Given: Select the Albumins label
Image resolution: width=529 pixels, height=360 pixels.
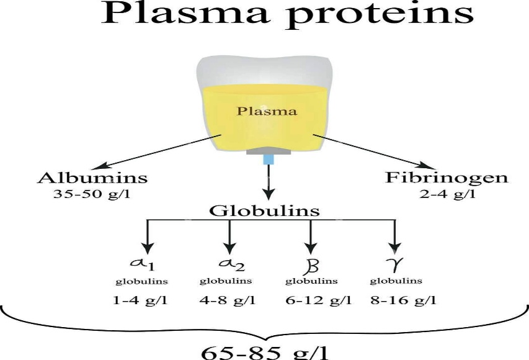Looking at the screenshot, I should pos(92,178).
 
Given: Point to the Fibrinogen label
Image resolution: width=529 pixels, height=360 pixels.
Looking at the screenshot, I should pos(447,178).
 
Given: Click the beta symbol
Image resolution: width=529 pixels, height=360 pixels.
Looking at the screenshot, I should pos(309,265).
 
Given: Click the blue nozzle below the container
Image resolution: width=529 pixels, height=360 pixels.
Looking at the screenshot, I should pos(269,161).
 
